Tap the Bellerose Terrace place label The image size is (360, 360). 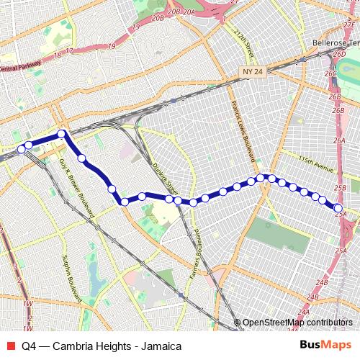click(335, 43)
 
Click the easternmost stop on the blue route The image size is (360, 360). click(338, 209)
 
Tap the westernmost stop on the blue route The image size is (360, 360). click(21, 150)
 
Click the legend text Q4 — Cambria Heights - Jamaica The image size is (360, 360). click(102, 346)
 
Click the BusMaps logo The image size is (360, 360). click(327, 345)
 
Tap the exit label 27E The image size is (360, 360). click(350, 25)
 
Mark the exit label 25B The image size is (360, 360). click(340, 188)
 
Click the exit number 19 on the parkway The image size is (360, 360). click(111, 46)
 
